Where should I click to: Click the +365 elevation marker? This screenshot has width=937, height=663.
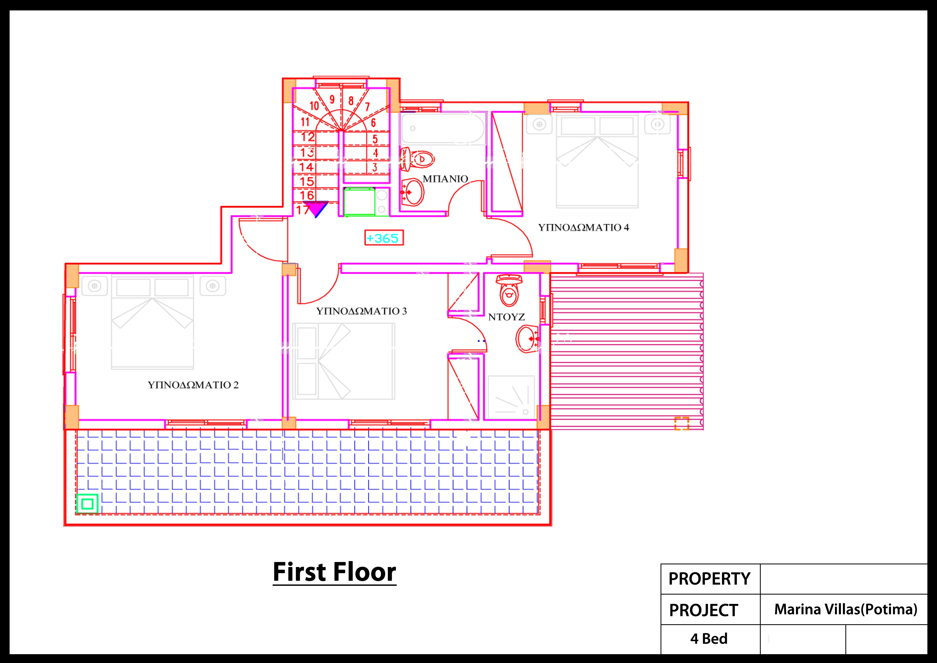384,238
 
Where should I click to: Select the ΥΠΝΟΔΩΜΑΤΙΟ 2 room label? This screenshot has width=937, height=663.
193,385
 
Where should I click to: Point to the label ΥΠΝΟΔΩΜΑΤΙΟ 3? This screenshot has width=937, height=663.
362,311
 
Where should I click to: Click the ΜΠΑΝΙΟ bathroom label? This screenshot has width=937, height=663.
445,179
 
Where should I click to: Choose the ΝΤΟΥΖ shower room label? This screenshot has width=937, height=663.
506,317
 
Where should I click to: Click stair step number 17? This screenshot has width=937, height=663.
303,210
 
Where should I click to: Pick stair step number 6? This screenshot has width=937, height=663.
373,122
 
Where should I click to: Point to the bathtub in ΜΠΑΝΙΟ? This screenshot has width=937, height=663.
443,128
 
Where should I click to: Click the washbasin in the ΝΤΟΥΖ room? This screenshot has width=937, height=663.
527,339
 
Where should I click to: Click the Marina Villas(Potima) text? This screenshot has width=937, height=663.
846,609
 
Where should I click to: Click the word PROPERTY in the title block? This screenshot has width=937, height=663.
709,579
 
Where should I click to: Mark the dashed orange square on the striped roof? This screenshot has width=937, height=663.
682,423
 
